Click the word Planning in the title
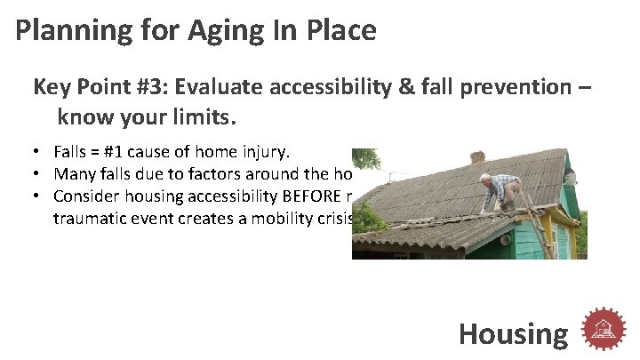[x=70, y=31]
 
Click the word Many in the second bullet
[x=74, y=173]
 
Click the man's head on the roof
[x=486, y=179]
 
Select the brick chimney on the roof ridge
[x=478, y=156]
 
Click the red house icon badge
[x=604, y=331]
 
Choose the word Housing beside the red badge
[x=513, y=334]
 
